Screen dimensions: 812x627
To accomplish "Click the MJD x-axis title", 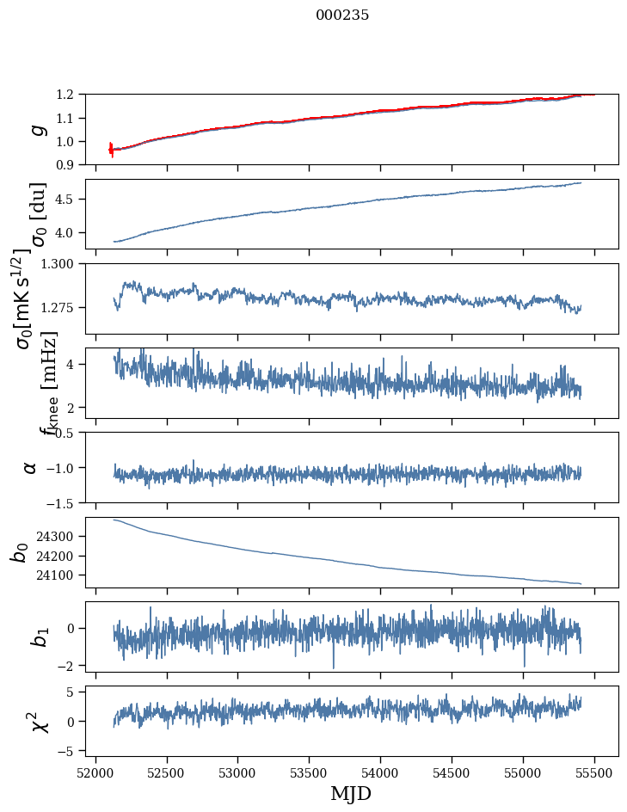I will click(351, 793).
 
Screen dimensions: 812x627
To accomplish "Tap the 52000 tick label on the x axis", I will click(95, 771).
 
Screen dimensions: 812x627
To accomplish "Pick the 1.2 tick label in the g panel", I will click(70, 95).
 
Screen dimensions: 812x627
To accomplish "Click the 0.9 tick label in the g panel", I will click(70, 164).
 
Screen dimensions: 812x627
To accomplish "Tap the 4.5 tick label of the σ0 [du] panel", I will click(70, 200).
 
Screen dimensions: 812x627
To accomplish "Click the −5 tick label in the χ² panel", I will click(68, 752).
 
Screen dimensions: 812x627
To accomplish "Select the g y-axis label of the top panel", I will click(35, 129).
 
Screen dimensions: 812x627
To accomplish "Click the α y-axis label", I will click(30, 467).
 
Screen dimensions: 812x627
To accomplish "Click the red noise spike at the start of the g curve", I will click(111, 149).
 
